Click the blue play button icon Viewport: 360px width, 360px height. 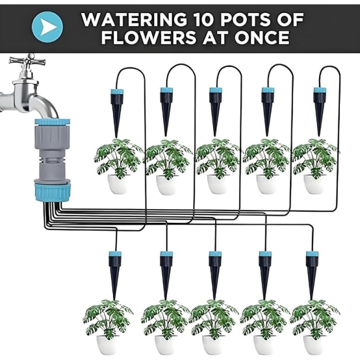pos(47,27)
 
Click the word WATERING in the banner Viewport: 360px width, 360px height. pos(134,19)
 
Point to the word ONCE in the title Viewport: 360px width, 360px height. pos(262,37)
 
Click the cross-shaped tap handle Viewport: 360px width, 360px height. pos(27,60)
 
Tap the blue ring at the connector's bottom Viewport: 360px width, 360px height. pos(53,191)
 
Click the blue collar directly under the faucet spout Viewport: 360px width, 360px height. pos(53,122)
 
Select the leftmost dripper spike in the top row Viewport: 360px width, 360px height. pos(117,112)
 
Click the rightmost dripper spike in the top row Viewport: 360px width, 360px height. pos(320,112)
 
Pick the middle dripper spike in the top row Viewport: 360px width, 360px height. pos(216,112)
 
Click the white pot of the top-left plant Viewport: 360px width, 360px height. pos(118,184)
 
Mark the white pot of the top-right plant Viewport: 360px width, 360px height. pos(314,184)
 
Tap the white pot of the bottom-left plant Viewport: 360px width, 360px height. pos(107,345)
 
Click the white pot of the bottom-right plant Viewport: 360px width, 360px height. pos(314,345)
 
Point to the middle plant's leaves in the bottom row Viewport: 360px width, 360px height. pos(214,319)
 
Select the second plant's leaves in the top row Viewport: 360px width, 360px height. pos(168,159)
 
